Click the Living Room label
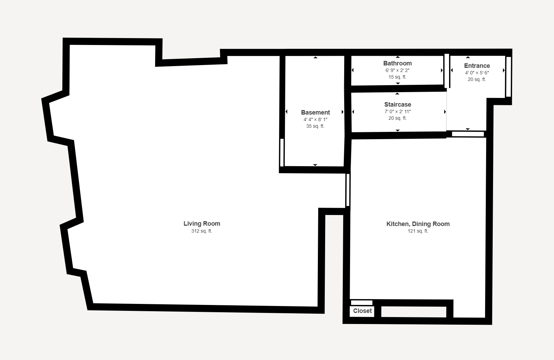tap(202, 224)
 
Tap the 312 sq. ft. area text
tap(202, 231)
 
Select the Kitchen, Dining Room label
tap(418, 224)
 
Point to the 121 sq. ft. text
tap(418, 231)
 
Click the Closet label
tap(362, 311)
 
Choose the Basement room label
tap(315, 112)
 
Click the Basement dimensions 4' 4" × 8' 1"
tap(315, 120)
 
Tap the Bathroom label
tap(397, 63)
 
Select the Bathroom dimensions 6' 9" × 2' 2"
tap(397, 71)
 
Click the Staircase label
tap(398, 105)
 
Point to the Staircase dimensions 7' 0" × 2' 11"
tap(398, 112)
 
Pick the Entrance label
tap(477, 66)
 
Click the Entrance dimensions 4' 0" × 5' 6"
tap(477, 73)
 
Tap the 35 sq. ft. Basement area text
tap(315, 126)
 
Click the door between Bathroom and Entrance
tap(447, 71)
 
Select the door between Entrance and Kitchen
tap(468, 134)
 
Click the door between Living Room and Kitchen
tap(348, 190)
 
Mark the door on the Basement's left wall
tap(282, 152)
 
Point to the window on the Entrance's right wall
tap(509, 76)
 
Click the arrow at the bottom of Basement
tap(315, 165)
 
